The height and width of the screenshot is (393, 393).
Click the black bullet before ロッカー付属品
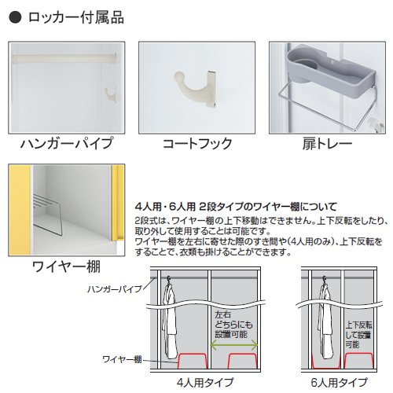pos(15,17)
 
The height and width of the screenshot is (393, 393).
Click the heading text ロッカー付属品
pos(76,17)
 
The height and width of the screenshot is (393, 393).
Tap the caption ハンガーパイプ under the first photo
pos(67,143)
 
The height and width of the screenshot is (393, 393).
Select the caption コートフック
pos(197,144)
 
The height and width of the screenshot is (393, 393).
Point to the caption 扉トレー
pos(327,144)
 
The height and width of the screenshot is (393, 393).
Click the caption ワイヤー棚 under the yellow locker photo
pos(67,266)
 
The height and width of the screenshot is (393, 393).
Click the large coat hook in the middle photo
pos(195,88)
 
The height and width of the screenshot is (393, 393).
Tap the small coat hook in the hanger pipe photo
pos(110,94)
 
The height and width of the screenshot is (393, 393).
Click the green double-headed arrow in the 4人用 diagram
pos(234,345)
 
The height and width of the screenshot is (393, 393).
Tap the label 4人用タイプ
pos(205,383)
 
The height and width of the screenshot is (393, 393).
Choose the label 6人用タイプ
pos(340,383)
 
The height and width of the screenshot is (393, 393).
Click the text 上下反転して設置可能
pos(358,335)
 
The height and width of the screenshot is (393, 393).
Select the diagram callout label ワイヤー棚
pos(122,359)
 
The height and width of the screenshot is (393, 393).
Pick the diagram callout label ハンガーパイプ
pos(115,288)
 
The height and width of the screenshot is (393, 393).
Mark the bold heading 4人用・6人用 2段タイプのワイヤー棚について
pos(236,207)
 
